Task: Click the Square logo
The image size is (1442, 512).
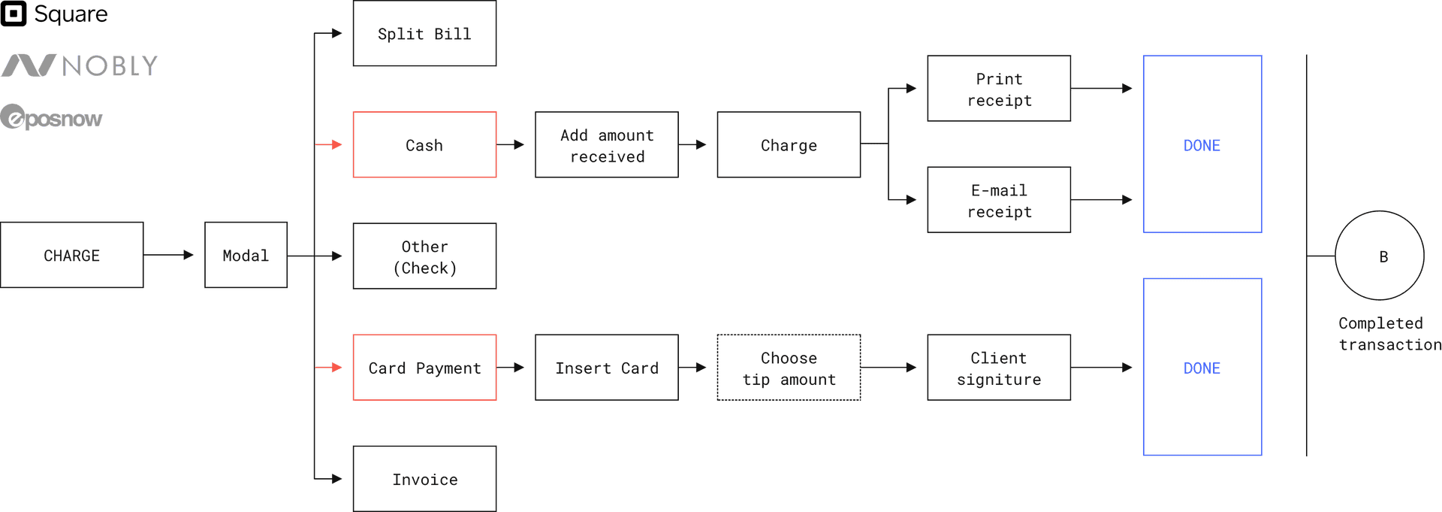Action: coord(54,14)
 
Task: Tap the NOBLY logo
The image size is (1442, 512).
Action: coord(79,66)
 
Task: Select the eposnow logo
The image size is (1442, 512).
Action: coord(51,118)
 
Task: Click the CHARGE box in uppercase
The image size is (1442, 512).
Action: coord(72,256)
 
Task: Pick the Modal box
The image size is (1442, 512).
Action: coord(246,256)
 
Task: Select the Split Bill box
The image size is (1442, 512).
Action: coord(424,34)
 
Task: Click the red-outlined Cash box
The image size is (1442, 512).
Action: coord(424,145)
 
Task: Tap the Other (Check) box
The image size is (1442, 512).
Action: coord(424,256)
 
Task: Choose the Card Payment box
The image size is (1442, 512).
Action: coord(424,368)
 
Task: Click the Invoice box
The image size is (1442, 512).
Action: coord(424,479)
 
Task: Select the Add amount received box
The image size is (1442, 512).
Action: coord(606,145)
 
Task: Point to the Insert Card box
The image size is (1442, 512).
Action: coord(606,368)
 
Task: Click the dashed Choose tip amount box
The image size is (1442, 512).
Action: coord(789,368)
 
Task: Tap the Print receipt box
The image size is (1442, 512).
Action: coord(999,89)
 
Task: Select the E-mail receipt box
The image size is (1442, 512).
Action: coord(999,200)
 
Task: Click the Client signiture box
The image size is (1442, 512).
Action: coord(999,368)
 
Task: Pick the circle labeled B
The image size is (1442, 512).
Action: coord(1380,256)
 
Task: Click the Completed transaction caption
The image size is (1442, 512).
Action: coord(1388,334)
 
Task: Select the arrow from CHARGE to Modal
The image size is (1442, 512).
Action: coord(170,256)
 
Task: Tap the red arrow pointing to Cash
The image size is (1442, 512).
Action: coord(329,144)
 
